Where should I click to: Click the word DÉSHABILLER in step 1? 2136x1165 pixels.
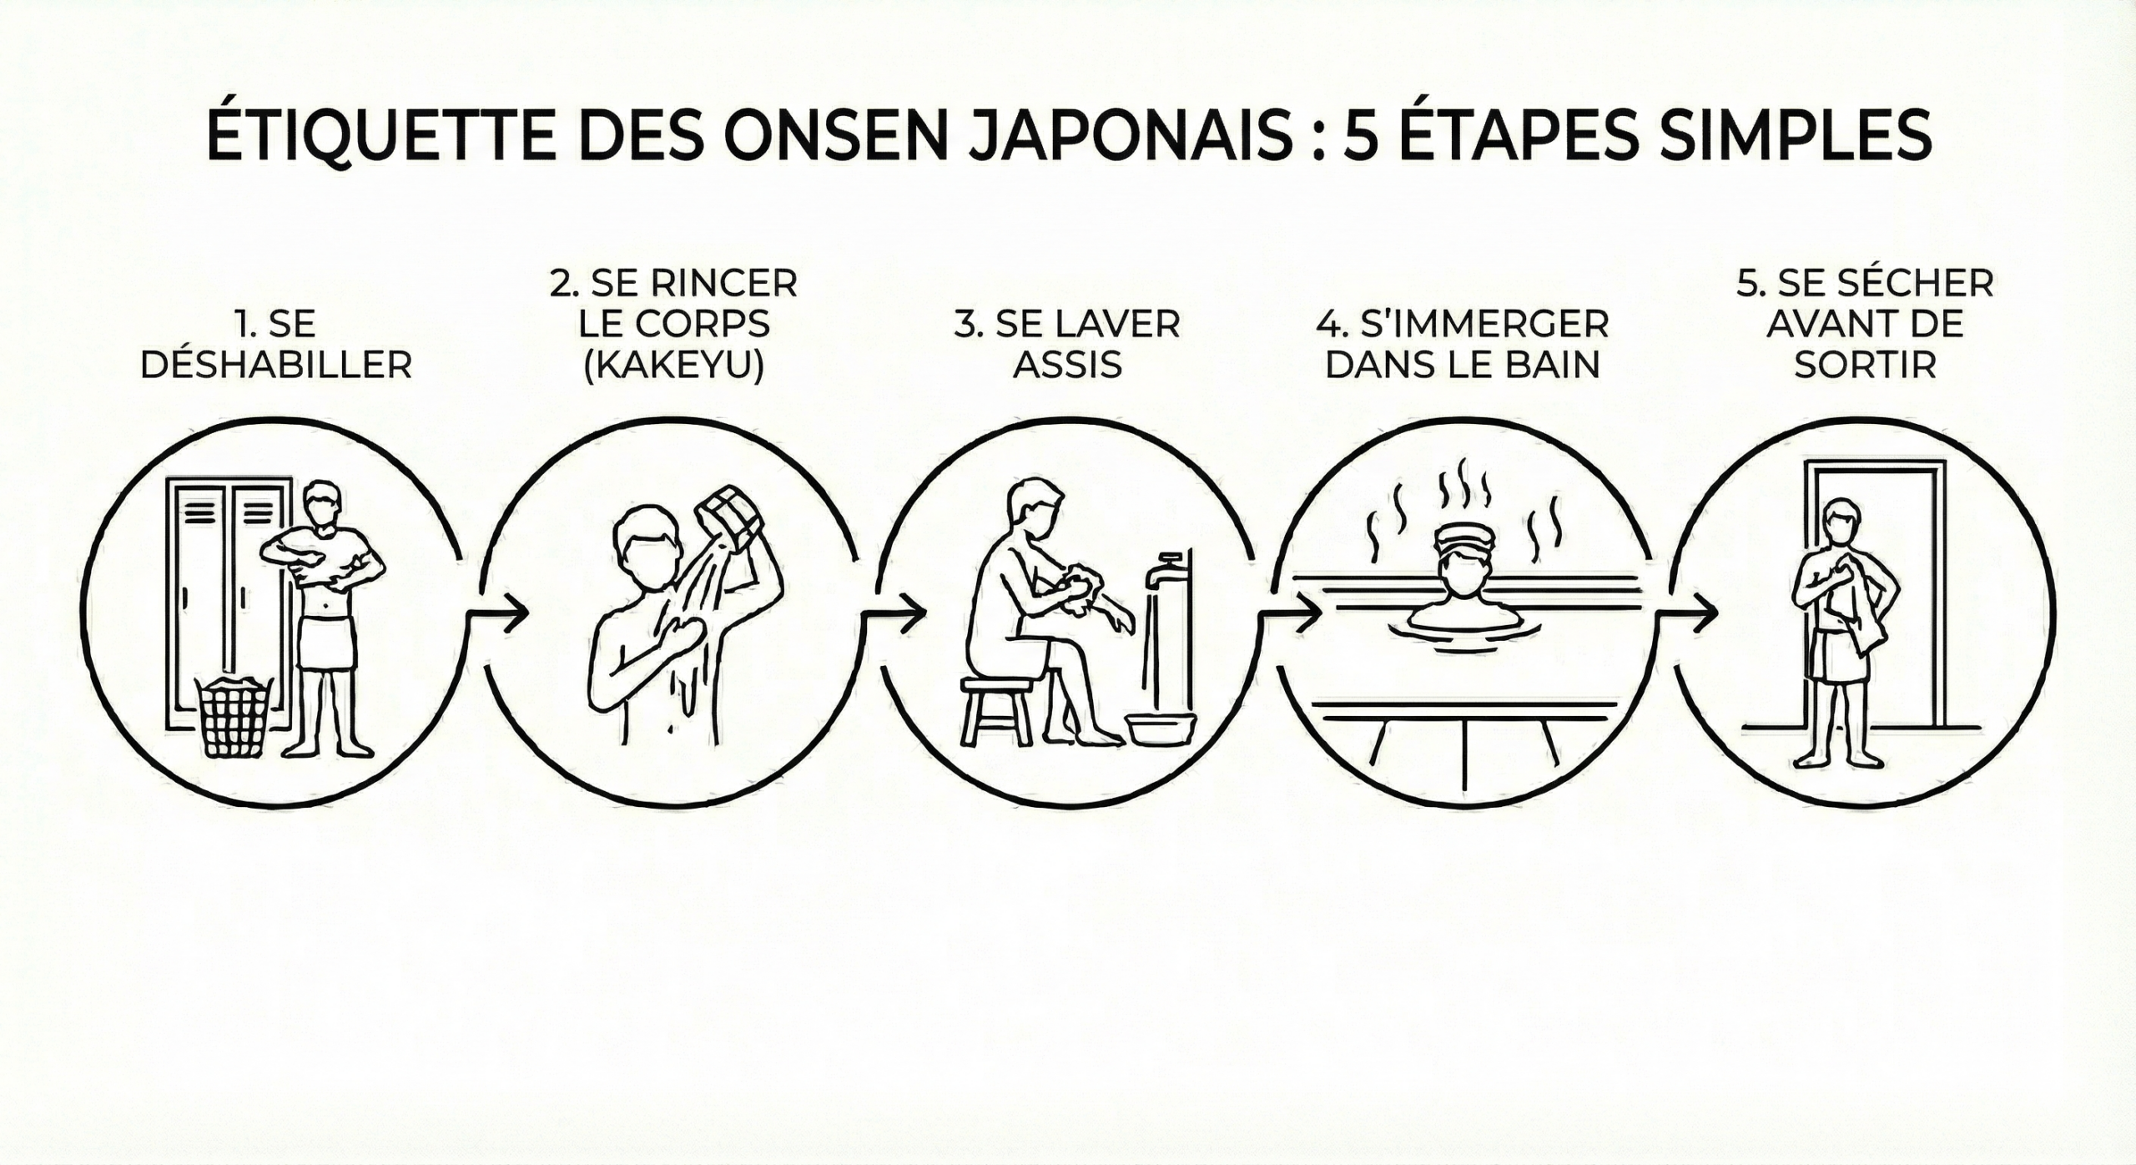276,365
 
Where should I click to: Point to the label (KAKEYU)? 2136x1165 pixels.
674,366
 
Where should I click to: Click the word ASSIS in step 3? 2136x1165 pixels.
1067,365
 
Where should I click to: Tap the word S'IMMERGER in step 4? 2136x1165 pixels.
1463,324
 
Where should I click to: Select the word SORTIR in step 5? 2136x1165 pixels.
1865,365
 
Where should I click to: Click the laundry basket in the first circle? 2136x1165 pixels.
234,717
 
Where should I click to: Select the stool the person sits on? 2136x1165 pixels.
996,710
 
